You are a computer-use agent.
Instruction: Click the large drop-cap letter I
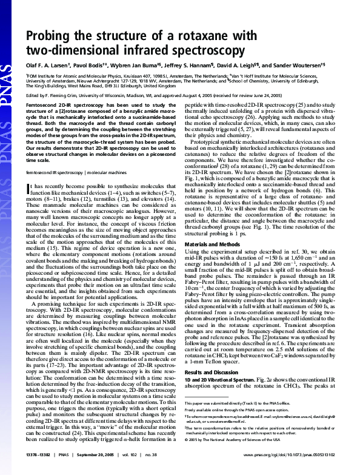coord(29,173)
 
